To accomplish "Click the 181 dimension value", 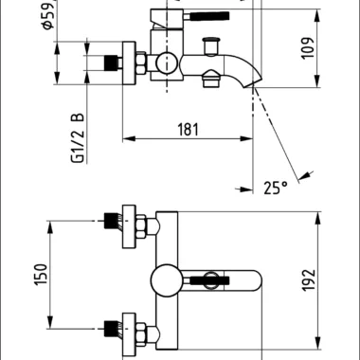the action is pos(189,130).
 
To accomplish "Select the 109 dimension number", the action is pos(308,48).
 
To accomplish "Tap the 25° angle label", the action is pos(276,188).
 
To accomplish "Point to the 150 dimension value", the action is pos(41,274).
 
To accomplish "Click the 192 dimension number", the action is pos(308,280).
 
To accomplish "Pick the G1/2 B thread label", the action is pos(78,137).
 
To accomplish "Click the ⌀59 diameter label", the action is pos(48,15).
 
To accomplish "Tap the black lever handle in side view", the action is pos(209,16).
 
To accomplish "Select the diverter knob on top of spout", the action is pos(211,46).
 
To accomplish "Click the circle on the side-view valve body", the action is pos(167,63).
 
